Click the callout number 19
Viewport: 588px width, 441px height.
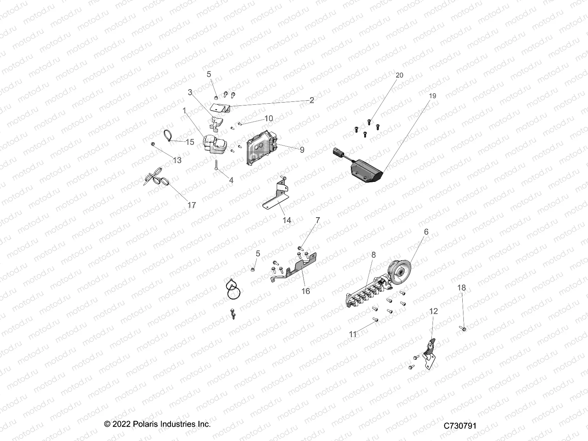coord(433,96)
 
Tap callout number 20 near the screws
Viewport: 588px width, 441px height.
coord(399,75)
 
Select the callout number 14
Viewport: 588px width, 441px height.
coord(287,220)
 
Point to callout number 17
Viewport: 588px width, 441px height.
coord(191,205)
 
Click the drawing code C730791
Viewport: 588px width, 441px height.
coord(460,426)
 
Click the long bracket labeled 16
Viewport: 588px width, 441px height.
coord(301,265)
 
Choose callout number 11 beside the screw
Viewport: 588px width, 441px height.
coord(353,334)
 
